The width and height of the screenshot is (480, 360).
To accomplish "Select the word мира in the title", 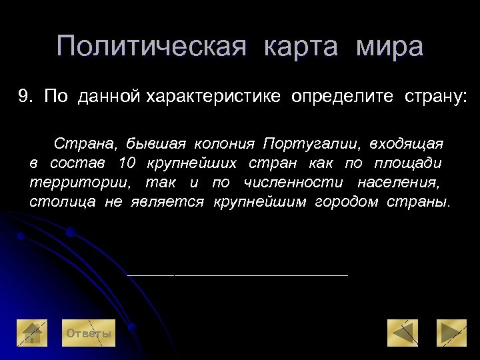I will (x=389, y=47).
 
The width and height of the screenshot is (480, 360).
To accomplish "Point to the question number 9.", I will (x=25, y=97).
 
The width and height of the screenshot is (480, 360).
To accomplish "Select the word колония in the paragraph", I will (x=225, y=144).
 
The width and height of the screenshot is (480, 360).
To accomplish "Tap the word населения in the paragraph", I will (x=399, y=182).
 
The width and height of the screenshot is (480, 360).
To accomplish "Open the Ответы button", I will (x=87, y=333).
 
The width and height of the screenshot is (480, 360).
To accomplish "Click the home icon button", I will (x=31, y=334).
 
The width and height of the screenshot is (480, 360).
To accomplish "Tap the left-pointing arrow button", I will (x=402, y=334).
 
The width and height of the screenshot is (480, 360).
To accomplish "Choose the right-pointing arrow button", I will (x=451, y=334).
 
